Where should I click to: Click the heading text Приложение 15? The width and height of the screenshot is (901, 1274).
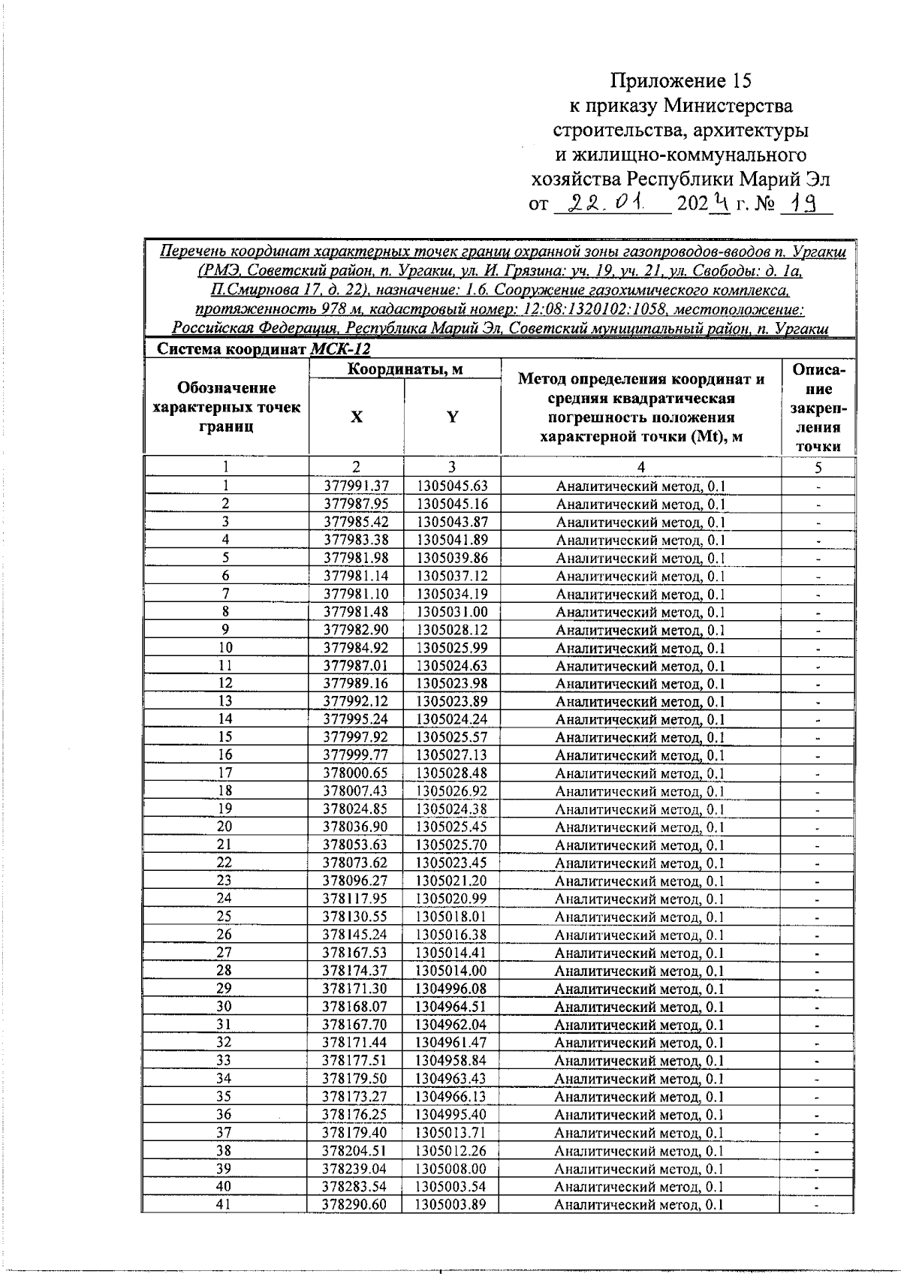680,81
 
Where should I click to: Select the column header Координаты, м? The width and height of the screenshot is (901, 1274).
405,369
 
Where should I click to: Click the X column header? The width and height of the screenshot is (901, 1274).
356,417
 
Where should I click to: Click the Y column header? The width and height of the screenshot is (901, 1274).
452,417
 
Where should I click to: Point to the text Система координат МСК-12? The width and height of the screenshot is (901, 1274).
263,349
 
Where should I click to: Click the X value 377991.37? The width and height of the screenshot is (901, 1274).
356,486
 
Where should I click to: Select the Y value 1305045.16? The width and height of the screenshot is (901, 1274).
452,504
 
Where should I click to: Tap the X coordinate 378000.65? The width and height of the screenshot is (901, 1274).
356,773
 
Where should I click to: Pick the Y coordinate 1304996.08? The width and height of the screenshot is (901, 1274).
452,988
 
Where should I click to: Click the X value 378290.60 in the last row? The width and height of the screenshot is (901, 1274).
356,1203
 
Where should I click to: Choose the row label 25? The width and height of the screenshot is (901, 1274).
224,916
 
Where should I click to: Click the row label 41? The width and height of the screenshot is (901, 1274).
224,1203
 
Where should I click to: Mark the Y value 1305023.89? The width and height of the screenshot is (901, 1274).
452,701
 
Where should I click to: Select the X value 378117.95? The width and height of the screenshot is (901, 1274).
356,899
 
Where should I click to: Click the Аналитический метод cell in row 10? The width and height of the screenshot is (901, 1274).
640,648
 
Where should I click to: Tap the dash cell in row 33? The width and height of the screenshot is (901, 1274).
818,1061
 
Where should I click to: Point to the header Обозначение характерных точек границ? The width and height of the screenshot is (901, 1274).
226,407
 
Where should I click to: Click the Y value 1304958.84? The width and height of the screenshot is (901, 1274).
452,1060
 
